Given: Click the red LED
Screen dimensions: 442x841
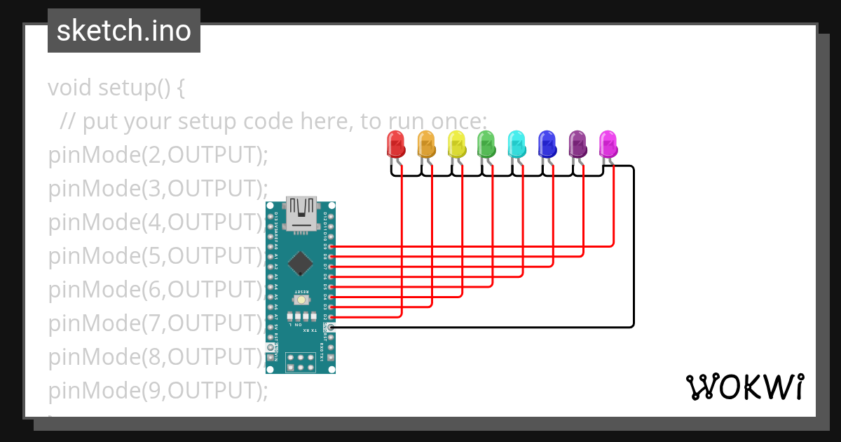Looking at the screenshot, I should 396,145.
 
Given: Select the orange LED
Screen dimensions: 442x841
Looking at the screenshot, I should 426,145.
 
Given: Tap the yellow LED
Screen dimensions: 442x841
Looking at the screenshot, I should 456,145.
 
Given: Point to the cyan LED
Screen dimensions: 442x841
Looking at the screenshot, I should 517,145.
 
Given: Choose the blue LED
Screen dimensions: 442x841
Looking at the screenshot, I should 547,145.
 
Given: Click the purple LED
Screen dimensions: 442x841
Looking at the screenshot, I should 577,145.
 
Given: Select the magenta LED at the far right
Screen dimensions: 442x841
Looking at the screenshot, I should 608,145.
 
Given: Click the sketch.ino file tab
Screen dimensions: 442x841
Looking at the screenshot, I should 124,31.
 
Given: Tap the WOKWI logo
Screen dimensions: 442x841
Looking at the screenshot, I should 744,387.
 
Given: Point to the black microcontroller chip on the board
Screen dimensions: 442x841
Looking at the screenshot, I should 301,262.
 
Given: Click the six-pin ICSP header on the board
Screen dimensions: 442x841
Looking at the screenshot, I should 301,362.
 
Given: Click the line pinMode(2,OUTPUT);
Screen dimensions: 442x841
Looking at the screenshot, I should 158,155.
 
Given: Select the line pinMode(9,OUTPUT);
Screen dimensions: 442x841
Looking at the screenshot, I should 158,390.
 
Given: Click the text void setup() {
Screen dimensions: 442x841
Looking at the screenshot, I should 116,88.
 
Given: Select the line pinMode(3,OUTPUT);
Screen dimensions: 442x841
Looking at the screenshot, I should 158,189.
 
